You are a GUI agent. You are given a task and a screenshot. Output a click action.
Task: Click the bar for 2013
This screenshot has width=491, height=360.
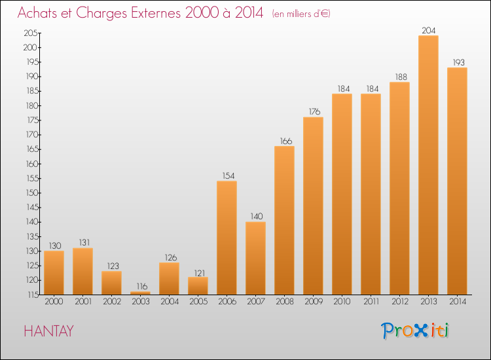[428, 165]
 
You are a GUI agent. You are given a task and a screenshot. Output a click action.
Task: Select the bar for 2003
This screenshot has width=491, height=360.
[140, 293]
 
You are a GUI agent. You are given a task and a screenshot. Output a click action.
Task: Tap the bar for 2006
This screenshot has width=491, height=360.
[227, 238]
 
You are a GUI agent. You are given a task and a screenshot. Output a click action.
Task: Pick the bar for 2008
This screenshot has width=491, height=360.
[284, 221]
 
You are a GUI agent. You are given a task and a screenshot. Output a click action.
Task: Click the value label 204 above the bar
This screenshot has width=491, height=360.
[428, 30]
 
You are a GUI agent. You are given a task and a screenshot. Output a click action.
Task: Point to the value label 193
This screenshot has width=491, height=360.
[458, 63]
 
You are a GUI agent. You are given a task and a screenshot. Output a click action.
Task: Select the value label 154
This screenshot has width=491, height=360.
[228, 176]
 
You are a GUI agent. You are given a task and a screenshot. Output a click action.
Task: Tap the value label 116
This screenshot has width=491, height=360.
[142, 287]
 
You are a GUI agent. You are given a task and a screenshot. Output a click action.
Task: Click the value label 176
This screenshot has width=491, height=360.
[314, 112]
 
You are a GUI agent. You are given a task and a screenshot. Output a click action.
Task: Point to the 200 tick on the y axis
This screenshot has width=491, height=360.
[30, 48]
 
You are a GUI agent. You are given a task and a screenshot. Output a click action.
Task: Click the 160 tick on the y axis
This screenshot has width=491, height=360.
[31, 164]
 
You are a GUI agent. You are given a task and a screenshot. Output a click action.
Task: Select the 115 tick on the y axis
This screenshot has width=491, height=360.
[32, 295]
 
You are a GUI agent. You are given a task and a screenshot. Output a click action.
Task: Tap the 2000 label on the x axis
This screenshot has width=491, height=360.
[54, 302]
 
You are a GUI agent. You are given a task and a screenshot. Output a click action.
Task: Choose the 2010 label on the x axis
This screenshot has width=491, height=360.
[342, 302]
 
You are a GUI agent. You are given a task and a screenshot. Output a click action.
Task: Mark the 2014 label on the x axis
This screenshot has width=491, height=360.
[458, 302]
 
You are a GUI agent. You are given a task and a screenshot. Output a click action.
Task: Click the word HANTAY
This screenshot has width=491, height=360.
[49, 331]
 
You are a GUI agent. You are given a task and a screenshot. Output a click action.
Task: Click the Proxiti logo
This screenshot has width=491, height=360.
[415, 331]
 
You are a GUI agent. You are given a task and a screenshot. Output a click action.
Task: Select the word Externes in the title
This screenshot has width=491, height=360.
[155, 13]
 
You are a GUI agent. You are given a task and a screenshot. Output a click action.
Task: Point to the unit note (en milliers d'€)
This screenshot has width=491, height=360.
[301, 14]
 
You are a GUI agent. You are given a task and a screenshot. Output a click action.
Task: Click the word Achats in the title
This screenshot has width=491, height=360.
[37, 13]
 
